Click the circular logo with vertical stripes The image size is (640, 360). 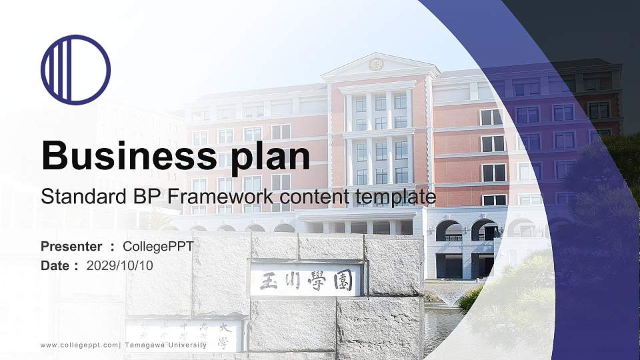75,69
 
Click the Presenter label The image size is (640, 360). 71,247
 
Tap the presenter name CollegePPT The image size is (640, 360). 158,247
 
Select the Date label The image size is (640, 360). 55,265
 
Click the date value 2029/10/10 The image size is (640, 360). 120,265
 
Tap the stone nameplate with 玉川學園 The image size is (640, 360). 306,279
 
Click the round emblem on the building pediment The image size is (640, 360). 376,65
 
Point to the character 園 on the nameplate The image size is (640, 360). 345,279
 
